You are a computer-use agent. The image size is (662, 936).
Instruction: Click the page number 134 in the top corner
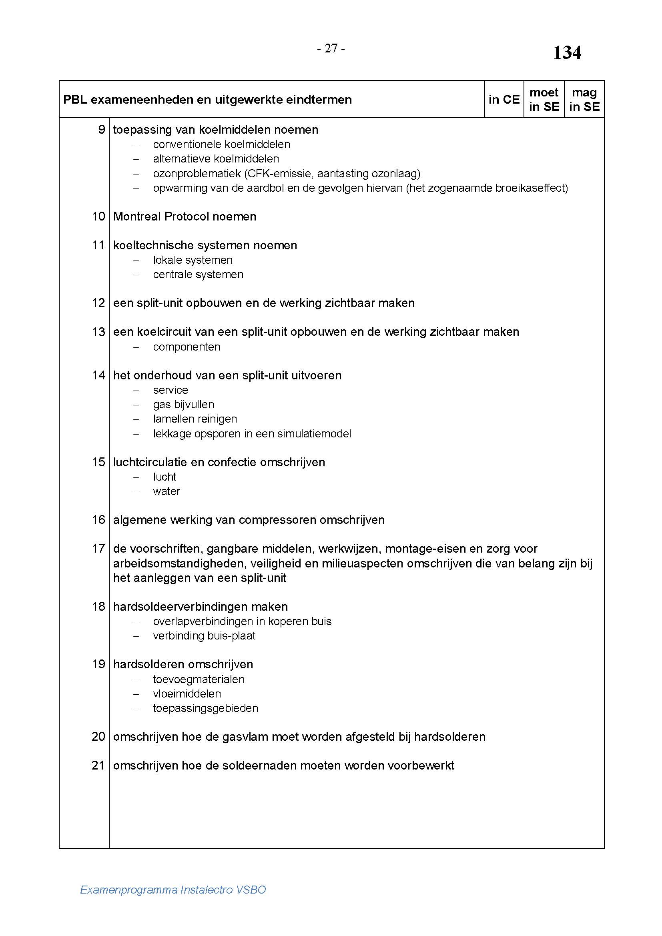567,53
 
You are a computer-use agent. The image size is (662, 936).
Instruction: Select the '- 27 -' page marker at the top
331,48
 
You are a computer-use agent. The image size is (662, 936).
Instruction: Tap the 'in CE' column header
504,100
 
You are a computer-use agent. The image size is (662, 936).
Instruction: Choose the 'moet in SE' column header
544,100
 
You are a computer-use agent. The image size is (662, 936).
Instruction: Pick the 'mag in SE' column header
584,100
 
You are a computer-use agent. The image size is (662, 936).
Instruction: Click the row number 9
102,130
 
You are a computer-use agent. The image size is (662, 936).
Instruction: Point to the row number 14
98,375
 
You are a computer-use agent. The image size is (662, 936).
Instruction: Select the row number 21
98,765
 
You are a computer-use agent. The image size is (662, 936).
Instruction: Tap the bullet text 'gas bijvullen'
183,405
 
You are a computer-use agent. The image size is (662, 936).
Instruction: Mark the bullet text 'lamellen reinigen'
195,419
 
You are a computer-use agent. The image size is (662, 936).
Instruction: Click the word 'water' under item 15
167,491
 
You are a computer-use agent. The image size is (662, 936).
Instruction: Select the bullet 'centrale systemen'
198,275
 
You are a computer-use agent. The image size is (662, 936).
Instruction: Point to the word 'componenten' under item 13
186,347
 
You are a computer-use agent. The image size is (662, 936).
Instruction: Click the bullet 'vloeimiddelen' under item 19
187,693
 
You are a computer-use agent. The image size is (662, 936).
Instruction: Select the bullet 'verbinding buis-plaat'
204,635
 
